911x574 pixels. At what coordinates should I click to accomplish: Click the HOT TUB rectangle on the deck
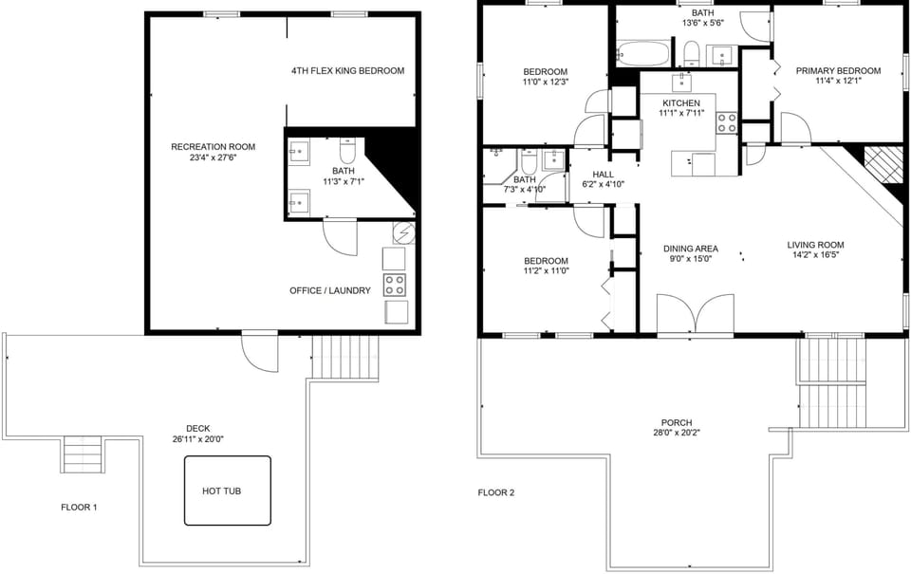(x=228, y=491)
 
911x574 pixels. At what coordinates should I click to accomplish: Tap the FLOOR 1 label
(x=79, y=508)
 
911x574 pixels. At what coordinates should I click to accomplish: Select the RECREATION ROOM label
(x=213, y=147)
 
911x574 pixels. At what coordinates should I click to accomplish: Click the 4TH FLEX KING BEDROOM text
(x=347, y=71)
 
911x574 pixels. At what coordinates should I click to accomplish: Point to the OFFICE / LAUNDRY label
(x=329, y=290)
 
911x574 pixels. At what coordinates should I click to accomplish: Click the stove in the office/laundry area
(x=395, y=285)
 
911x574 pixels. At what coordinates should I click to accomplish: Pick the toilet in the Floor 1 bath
(x=346, y=152)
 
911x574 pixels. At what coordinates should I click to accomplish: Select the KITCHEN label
(x=680, y=103)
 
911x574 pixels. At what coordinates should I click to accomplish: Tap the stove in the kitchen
(x=727, y=122)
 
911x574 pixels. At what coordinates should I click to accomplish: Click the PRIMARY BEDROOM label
(x=837, y=71)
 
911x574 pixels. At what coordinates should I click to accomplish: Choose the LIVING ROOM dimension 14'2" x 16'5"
(x=814, y=254)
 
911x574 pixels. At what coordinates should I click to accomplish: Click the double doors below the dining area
(x=696, y=314)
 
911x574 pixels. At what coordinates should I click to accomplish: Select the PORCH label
(x=677, y=423)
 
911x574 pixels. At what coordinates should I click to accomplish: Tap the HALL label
(x=604, y=175)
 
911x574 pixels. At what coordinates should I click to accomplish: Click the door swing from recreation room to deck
(x=258, y=353)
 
